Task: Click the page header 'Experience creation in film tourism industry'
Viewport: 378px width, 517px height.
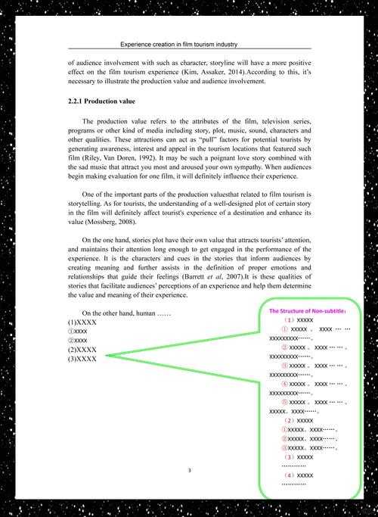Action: click(x=189, y=45)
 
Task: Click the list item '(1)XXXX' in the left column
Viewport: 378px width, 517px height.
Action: click(x=82, y=322)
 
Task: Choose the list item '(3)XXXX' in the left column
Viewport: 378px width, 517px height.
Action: click(x=82, y=358)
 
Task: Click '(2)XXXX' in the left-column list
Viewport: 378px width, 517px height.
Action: click(x=82, y=349)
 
